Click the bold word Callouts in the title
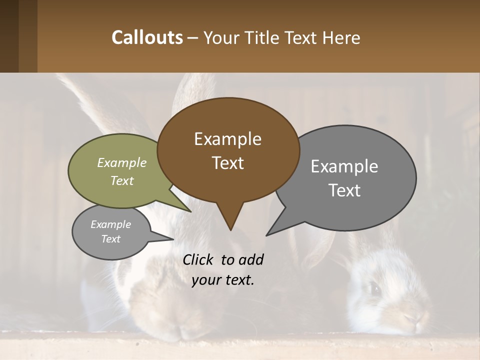click(147, 37)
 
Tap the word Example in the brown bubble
click(227, 139)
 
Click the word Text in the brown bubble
click(227, 163)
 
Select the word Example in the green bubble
click(122, 162)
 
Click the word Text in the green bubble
click(122, 180)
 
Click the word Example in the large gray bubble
click(344, 166)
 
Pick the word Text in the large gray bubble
click(344, 190)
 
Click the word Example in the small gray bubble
click(110, 224)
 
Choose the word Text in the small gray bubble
click(110, 239)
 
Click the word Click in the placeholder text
click(199, 259)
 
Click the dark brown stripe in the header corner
click(9, 36)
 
